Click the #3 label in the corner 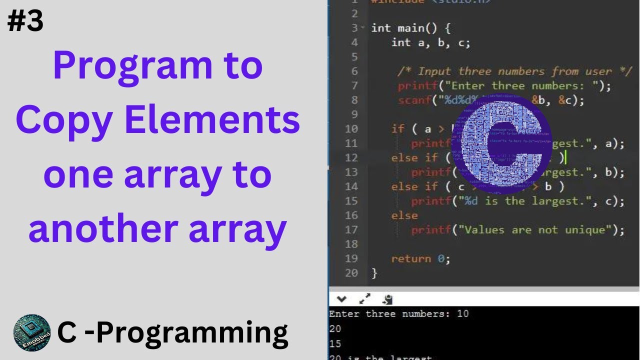pos(25,22)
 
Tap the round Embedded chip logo pos(31,332)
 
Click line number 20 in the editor pos(351,273)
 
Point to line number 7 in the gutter pos(354,85)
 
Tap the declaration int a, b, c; pos(430,42)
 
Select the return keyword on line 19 pos(410,258)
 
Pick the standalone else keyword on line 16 pos(404,215)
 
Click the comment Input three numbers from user pos(515,71)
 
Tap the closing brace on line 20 pos(374,273)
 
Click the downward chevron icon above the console pos(341,299)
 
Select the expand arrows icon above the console pos(365,299)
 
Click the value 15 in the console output pos(335,343)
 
